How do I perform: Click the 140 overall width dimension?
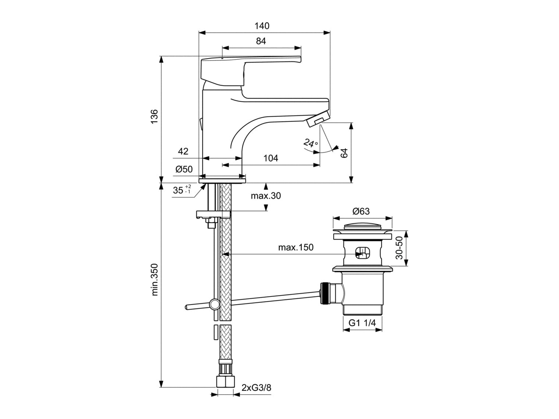[262, 26]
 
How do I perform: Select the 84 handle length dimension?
[261, 41]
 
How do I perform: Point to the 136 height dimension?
[154, 117]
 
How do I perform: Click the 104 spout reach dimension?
[271, 158]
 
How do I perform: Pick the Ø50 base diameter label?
[184, 169]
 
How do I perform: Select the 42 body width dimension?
[183, 151]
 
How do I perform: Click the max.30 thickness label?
[266, 196]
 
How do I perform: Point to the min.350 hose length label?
[155, 280]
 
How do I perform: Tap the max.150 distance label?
[296, 247]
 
